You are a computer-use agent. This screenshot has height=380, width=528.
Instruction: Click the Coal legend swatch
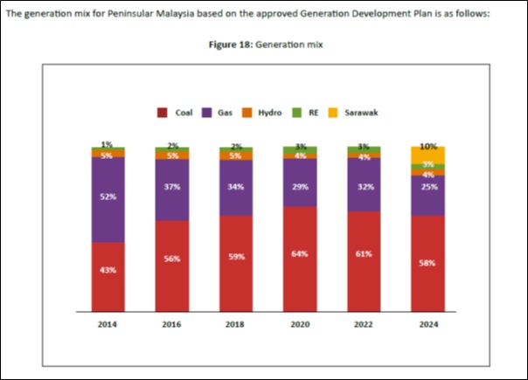[163, 113]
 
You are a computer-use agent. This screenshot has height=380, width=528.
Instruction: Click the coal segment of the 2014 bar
[108, 276]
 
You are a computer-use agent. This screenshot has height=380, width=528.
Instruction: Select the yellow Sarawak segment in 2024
[427, 155]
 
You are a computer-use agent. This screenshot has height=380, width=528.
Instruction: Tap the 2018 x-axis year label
[235, 324]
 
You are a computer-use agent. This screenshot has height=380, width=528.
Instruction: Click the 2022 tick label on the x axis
[364, 324]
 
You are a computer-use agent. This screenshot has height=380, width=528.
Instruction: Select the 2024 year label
[427, 324]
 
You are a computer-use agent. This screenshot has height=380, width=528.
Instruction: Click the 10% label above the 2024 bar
[428, 146]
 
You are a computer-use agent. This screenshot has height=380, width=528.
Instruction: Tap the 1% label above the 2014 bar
[107, 144]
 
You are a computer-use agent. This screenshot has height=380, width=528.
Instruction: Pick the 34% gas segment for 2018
[235, 187]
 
